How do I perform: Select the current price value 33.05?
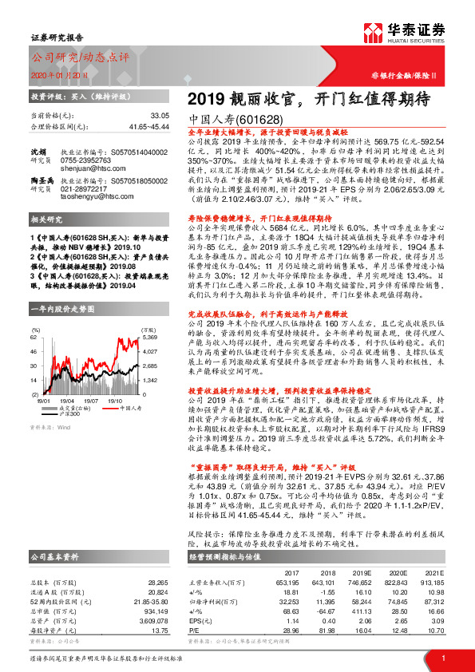(160, 116)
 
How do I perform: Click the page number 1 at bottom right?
(441, 658)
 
